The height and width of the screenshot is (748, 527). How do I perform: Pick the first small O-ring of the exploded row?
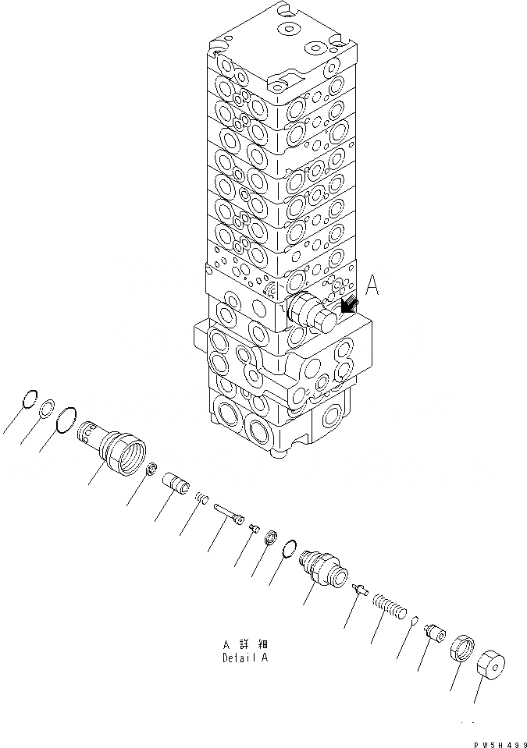pos(29,397)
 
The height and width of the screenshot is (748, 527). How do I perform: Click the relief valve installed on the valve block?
pos(312,313)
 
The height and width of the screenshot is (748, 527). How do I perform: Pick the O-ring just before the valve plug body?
pos(289,548)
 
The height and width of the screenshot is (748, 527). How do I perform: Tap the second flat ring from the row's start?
pos(47,408)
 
